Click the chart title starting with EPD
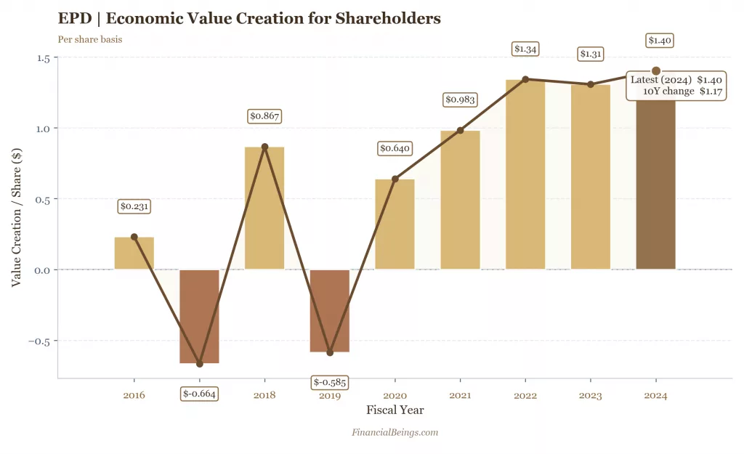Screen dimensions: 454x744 [249, 18]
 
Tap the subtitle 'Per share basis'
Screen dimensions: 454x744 [89, 39]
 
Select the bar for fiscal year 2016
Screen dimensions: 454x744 [134, 254]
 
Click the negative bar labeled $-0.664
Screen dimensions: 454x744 [199, 316]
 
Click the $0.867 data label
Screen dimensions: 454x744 [264, 115]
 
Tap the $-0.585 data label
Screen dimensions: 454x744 [329, 382]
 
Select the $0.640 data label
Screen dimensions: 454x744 [395, 148]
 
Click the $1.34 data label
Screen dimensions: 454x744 [525, 49]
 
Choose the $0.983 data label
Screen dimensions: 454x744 [460, 100]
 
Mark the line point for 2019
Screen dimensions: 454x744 [330, 352]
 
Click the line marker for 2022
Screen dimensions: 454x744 [525, 79]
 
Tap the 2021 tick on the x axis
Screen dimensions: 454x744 [460, 396]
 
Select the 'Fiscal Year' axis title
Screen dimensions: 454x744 [395, 410]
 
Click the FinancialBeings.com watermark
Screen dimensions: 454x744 [395, 432]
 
